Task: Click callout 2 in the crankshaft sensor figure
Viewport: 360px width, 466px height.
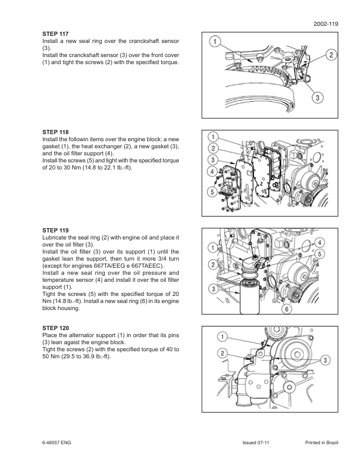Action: [332, 55]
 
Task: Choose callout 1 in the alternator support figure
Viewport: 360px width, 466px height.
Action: [224, 337]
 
